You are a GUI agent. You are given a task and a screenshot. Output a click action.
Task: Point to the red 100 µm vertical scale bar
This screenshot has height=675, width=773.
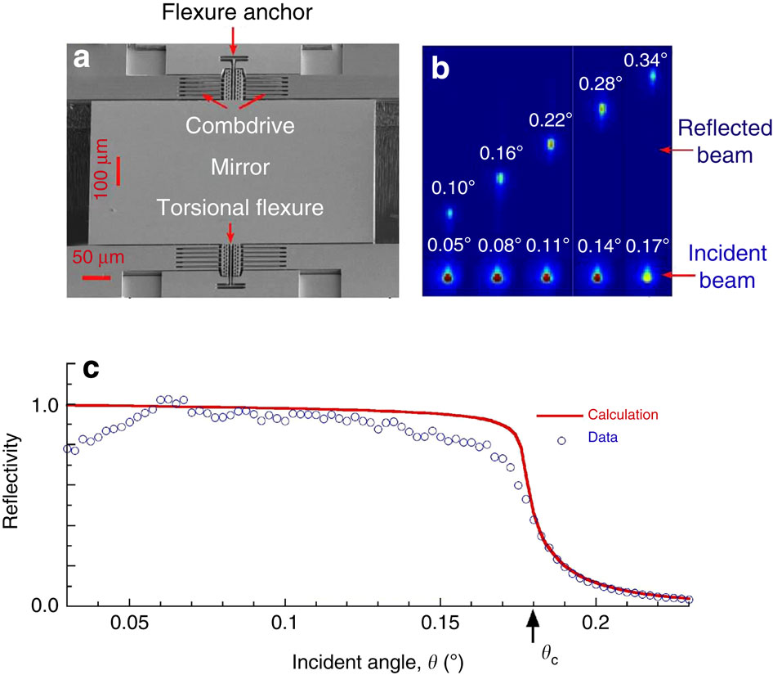tap(118, 171)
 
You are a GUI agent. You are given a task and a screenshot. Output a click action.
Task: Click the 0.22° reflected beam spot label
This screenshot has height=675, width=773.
tap(551, 120)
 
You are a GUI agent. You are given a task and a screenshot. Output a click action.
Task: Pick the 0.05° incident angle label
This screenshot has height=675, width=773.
tap(448, 245)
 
